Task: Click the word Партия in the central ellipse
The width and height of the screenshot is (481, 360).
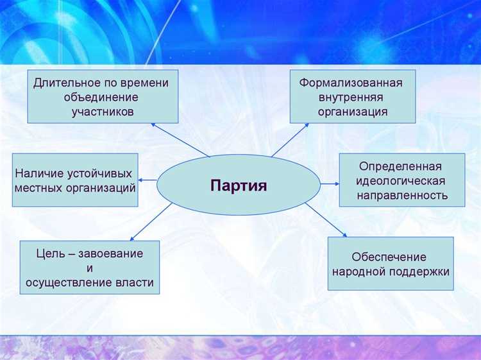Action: point(238,186)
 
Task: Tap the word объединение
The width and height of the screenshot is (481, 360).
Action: point(102,98)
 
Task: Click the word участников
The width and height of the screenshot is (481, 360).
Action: point(103,112)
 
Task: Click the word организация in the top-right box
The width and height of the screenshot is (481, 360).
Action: point(353,112)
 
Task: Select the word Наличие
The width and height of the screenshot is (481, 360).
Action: point(38,174)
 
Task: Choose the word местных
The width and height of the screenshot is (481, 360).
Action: point(39,189)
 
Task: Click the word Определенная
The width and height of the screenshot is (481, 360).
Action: point(401,166)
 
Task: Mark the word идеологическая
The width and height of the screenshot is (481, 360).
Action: point(401,181)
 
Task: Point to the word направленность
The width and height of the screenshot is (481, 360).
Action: point(401,195)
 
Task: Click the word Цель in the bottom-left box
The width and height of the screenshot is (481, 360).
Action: point(49,253)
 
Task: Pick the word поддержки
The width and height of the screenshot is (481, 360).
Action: point(419,271)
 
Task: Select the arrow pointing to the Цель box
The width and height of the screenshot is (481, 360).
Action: point(154,220)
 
